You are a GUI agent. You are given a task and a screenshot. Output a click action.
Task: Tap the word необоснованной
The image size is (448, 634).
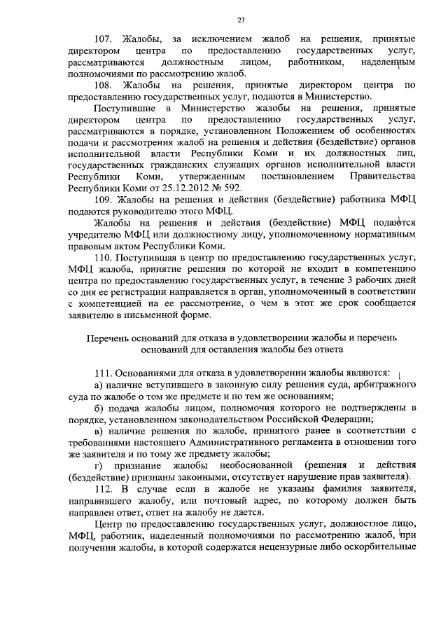click(246, 466)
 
